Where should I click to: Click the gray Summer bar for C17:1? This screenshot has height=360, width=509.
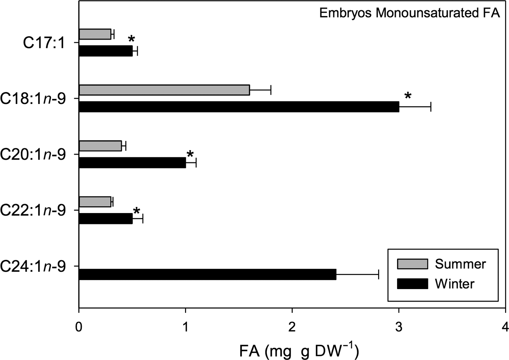point(95,34)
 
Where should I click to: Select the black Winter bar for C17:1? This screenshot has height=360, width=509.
point(105,51)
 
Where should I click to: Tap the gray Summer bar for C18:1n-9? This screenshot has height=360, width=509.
point(164,90)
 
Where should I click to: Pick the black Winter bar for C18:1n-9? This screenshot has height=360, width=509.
point(239,107)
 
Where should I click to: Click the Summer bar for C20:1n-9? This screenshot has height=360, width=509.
point(100,146)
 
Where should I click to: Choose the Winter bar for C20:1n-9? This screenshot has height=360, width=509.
point(132,163)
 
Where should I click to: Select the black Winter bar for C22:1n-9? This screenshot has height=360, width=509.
point(105,219)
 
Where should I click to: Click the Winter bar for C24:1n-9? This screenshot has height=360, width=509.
point(207,275)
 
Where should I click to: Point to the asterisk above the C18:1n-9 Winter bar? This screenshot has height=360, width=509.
point(408,96)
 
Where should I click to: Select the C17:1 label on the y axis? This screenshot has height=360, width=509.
point(44,43)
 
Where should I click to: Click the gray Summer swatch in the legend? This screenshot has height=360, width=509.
point(413,264)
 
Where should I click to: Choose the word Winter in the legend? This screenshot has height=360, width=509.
point(455,284)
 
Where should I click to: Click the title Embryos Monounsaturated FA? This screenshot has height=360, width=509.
point(409,13)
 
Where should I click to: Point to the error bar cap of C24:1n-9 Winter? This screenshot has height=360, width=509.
point(378,275)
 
